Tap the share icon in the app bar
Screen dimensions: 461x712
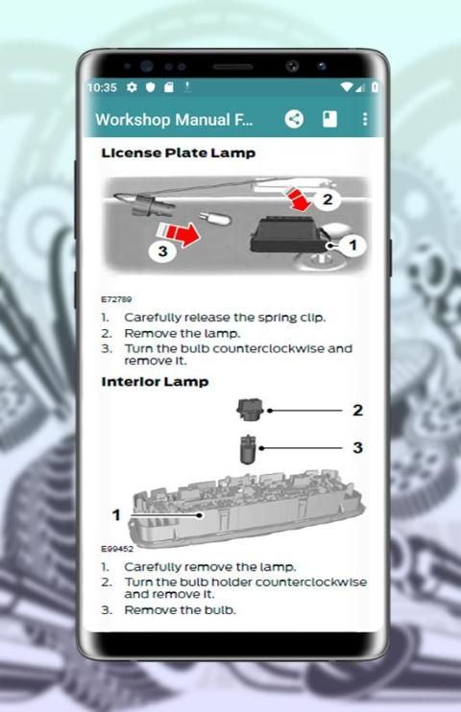point(294,119)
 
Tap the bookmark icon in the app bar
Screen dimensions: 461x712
point(329,119)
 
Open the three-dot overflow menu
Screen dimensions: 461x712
point(365,119)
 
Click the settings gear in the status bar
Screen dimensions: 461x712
point(132,87)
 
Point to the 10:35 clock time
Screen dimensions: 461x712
point(102,87)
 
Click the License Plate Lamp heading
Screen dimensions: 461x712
point(179,153)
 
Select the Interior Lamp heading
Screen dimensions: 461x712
point(155,382)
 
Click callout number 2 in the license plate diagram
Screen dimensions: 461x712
point(328,200)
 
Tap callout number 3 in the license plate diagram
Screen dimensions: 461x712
point(162,250)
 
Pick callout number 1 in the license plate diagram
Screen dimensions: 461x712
point(352,246)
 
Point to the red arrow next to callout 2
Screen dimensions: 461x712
point(299,200)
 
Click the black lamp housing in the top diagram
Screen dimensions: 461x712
point(288,234)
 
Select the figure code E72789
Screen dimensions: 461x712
point(116,299)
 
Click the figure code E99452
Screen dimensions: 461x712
point(117,549)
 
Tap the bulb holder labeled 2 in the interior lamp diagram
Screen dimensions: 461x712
point(250,409)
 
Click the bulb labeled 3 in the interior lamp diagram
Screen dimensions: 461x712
point(247,449)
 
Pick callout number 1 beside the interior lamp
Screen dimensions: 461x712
point(116,515)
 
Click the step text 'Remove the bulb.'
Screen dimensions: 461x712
point(180,610)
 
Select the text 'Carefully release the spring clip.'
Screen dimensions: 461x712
point(225,318)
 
